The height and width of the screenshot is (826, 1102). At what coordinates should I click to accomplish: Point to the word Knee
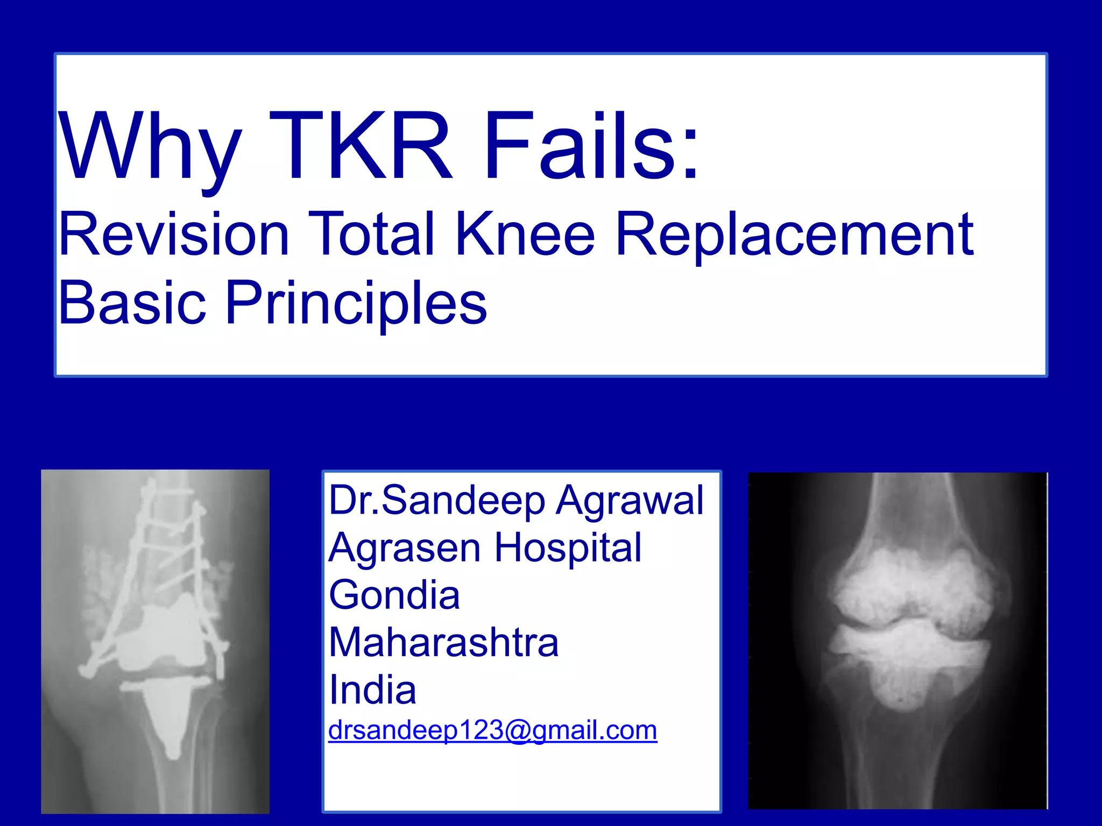pos(525,234)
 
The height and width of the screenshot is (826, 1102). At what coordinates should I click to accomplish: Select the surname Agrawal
pos(630,500)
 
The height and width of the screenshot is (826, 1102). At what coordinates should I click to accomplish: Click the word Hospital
pos(568,547)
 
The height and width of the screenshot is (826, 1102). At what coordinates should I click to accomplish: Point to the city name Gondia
pos(394,595)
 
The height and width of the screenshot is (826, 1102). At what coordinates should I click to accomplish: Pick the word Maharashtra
pos(444,642)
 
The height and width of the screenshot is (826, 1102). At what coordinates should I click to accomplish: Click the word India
pos(372,689)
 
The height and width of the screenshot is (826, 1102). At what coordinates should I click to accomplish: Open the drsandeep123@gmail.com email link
pos(492,730)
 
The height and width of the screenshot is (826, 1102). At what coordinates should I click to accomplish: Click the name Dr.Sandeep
pos(436,500)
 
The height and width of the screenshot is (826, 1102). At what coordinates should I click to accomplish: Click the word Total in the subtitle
pos(371,234)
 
